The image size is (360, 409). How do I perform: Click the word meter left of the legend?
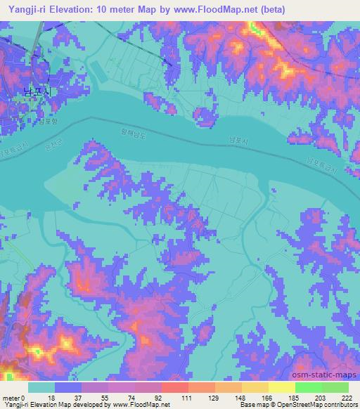coord(11,398)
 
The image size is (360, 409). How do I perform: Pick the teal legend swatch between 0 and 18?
coord(41,387)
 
